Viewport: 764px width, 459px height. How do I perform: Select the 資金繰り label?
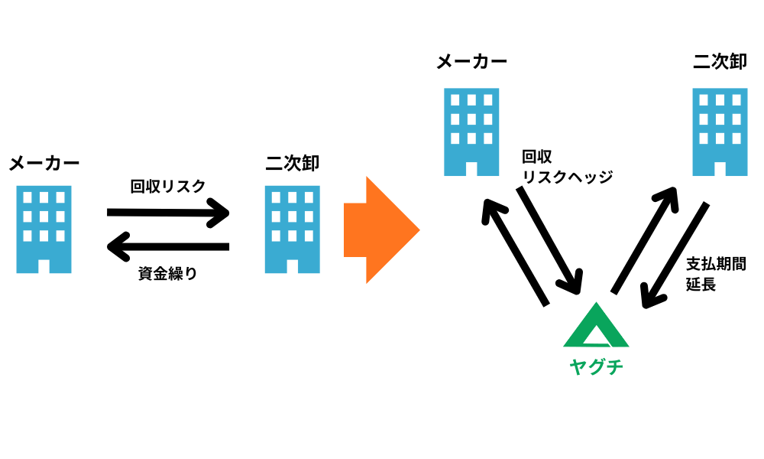click(x=168, y=273)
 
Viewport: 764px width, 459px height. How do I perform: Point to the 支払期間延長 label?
click(x=715, y=274)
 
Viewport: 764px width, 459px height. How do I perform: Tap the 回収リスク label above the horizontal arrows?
click(x=168, y=186)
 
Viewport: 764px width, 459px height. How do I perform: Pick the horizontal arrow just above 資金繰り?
click(x=168, y=246)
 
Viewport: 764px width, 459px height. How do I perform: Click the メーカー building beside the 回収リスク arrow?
click(x=44, y=229)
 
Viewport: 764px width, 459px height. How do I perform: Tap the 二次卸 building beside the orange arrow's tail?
click(x=293, y=229)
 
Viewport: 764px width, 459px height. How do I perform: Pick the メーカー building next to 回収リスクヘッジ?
click(x=472, y=132)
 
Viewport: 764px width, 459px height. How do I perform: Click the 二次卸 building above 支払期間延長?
click(x=720, y=132)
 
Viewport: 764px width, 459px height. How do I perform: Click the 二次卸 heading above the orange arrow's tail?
click(x=293, y=162)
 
